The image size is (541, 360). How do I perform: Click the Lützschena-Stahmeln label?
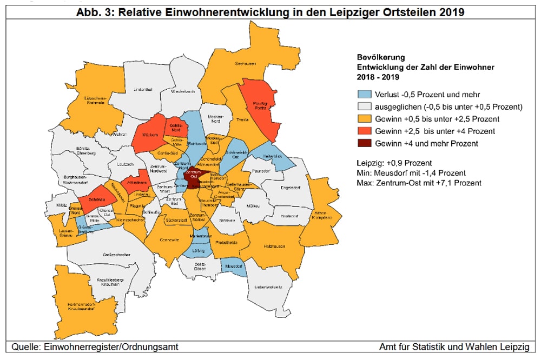tap(94, 98)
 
